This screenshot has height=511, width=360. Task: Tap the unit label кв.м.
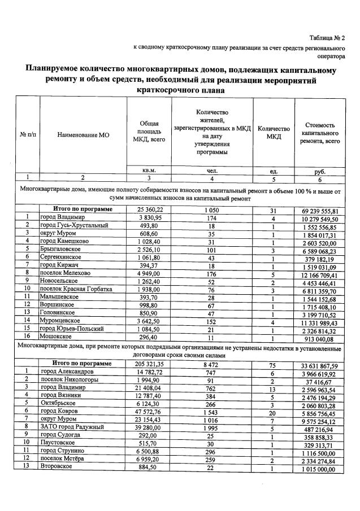pyautogui.click(x=149, y=170)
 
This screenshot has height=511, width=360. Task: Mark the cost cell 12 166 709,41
pyautogui.click(x=319, y=272)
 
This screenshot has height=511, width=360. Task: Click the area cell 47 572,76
pyautogui.click(x=149, y=413)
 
